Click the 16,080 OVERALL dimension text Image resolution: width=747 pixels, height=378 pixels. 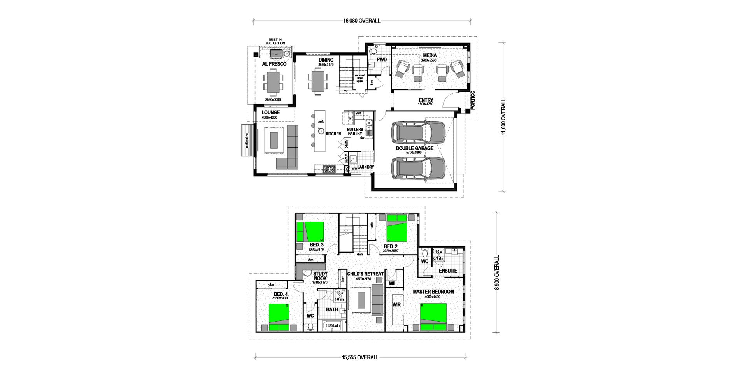pyautogui.click(x=361, y=21)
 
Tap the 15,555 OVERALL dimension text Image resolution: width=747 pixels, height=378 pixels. pyautogui.click(x=360, y=357)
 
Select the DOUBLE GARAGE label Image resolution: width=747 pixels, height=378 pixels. pyautogui.click(x=414, y=148)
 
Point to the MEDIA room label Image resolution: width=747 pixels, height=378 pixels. pyautogui.click(x=430, y=56)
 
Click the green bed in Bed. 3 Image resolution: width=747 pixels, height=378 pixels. pyautogui.click(x=310, y=231)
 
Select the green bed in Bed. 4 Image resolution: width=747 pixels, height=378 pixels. pyautogui.click(x=279, y=317)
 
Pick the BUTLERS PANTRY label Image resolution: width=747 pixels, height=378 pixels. pyautogui.click(x=355, y=131)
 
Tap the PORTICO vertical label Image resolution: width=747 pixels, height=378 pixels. pyautogui.click(x=473, y=101)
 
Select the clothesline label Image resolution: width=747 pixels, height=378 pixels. pyautogui.click(x=247, y=140)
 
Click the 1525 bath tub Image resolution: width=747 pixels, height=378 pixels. pyautogui.click(x=332, y=325)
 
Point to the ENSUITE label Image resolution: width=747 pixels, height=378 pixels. pyautogui.click(x=447, y=271)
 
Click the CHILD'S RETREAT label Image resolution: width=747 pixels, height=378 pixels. pyautogui.click(x=365, y=274)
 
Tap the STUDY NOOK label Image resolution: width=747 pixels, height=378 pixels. pyautogui.click(x=320, y=276)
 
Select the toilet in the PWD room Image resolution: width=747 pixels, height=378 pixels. pyautogui.click(x=373, y=51)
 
